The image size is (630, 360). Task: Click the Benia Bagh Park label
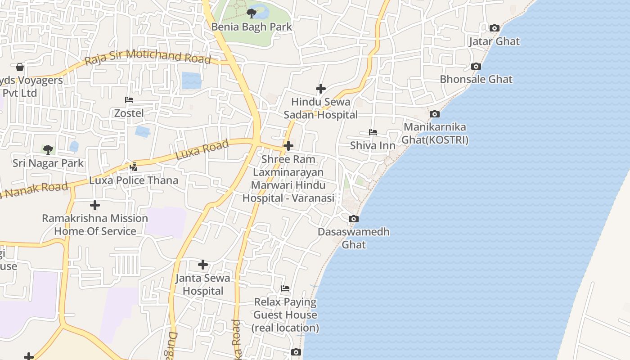pos(252,27)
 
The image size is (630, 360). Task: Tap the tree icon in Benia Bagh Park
pos(252,13)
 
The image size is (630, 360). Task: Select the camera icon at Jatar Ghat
pos(494,28)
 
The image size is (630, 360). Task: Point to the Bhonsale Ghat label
pos(476,80)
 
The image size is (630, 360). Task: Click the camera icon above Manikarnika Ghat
pos(434,114)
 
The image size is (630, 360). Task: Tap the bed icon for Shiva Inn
pos(373,132)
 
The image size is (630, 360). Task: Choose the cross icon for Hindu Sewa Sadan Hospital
pos(320,89)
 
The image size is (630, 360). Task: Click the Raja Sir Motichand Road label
pos(148,57)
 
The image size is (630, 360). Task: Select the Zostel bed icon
pos(129,100)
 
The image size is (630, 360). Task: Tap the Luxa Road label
pos(202,150)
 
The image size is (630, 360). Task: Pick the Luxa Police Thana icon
pos(133,167)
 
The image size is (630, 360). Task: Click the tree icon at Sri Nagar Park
pos(48,149)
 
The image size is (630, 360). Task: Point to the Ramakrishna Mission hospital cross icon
pos(94,205)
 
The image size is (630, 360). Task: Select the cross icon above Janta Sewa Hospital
pos(203,265)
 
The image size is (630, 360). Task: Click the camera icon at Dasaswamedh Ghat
pos(354,219)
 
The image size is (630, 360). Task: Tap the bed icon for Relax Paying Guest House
pos(285,288)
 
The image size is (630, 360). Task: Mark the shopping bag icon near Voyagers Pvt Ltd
pos(20,67)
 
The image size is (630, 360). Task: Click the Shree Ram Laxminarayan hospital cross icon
pos(288,146)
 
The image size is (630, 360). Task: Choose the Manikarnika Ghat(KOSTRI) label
pos(435,134)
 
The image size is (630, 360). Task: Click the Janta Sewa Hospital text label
pos(203,284)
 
